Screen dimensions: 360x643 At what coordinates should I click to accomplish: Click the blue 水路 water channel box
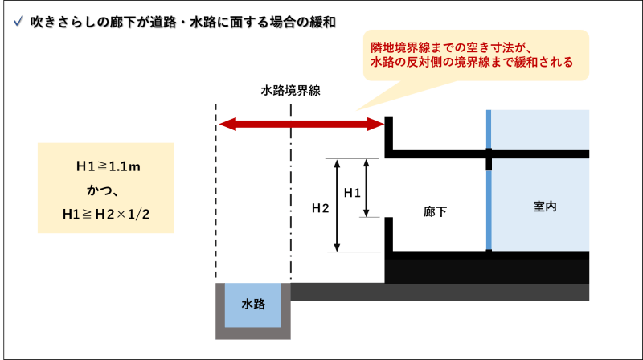253,305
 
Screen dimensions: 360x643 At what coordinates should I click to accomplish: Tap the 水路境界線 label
291,91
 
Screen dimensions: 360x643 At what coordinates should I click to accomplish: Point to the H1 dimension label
352,193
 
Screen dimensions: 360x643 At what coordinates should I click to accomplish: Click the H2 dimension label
320,209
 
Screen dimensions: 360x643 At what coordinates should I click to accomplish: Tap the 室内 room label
544,207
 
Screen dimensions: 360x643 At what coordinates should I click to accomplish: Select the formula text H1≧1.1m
108,167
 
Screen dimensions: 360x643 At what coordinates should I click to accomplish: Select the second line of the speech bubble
472,63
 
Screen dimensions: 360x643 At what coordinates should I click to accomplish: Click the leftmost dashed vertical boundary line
216,193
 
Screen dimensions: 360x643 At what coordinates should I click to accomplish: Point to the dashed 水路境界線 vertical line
291,201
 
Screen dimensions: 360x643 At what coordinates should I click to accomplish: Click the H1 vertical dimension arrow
367,187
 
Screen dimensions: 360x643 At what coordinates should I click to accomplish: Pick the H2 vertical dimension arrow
338,204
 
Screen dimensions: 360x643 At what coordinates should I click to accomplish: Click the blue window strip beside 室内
488,209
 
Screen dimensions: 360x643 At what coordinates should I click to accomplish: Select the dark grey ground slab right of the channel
438,292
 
